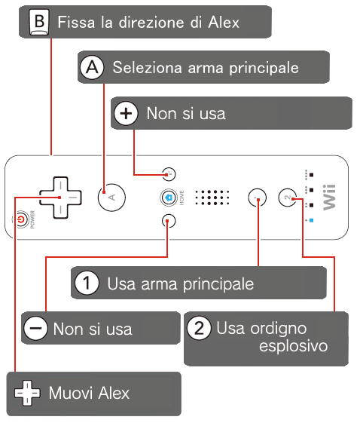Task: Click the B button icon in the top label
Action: click(39, 22)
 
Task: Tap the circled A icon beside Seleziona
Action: click(92, 67)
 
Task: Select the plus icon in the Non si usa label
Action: click(126, 113)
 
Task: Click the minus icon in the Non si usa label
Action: click(36, 328)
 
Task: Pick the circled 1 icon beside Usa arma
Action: click(87, 283)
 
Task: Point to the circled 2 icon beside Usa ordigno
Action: click(200, 328)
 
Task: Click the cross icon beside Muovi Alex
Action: click(27, 393)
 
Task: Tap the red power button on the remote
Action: click(22, 219)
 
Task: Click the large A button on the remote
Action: click(111, 198)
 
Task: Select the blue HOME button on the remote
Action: click(169, 198)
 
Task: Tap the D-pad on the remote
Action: click(60, 198)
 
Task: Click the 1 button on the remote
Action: click(258, 198)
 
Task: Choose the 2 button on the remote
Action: click(288, 198)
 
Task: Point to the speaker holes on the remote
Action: click(212, 198)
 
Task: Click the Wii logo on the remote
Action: click(329, 198)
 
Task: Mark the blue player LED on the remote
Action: click(311, 220)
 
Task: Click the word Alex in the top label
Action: click(224, 22)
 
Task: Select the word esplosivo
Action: click(294, 347)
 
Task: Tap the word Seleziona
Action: click(148, 67)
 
